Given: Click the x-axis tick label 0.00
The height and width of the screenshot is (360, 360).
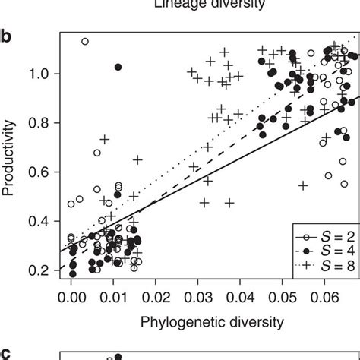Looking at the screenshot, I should pos(71,300).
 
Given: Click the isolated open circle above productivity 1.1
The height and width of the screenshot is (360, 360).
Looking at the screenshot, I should pos(85,42).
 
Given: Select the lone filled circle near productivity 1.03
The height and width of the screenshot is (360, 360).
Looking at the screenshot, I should pos(118,67).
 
